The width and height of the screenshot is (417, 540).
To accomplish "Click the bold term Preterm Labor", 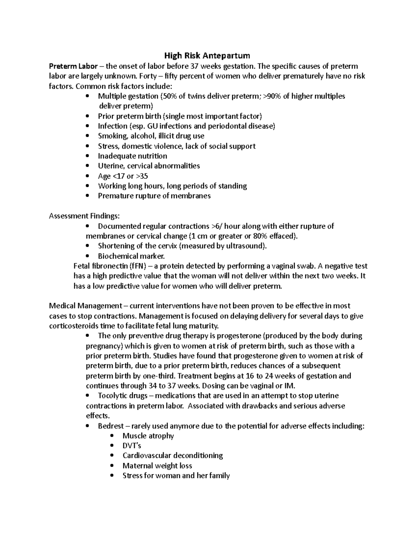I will pyautogui.click(x=73, y=66).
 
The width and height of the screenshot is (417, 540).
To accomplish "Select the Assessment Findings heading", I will pyautogui.click(x=84, y=216).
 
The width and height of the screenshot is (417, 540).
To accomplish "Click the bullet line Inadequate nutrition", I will pyautogui.click(x=132, y=156).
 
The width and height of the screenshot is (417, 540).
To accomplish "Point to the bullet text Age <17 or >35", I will pyautogui.click(x=123, y=176).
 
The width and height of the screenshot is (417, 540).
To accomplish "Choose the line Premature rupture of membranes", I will pyautogui.click(x=154, y=196).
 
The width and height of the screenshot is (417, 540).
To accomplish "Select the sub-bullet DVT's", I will pyautogui.click(x=132, y=446).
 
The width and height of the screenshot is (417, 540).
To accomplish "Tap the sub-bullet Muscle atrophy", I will pyautogui.click(x=148, y=436).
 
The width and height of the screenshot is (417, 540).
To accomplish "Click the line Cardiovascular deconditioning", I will pyautogui.click(x=173, y=456).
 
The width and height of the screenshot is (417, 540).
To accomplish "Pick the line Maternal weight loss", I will pyautogui.click(x=157, y=466).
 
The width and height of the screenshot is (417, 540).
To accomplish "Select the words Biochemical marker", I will pyautogui.click(x=131, y=256).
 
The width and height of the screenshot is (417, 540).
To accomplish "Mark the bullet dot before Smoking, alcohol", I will pyautogui.click(x=87, y=136).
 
